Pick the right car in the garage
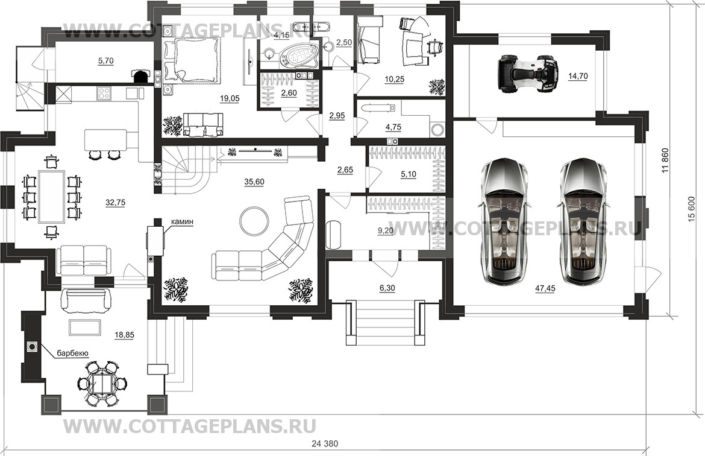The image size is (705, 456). tap(581, 220)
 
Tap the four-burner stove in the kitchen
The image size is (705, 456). tap(104, 93)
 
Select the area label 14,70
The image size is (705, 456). tap(577, 76)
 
